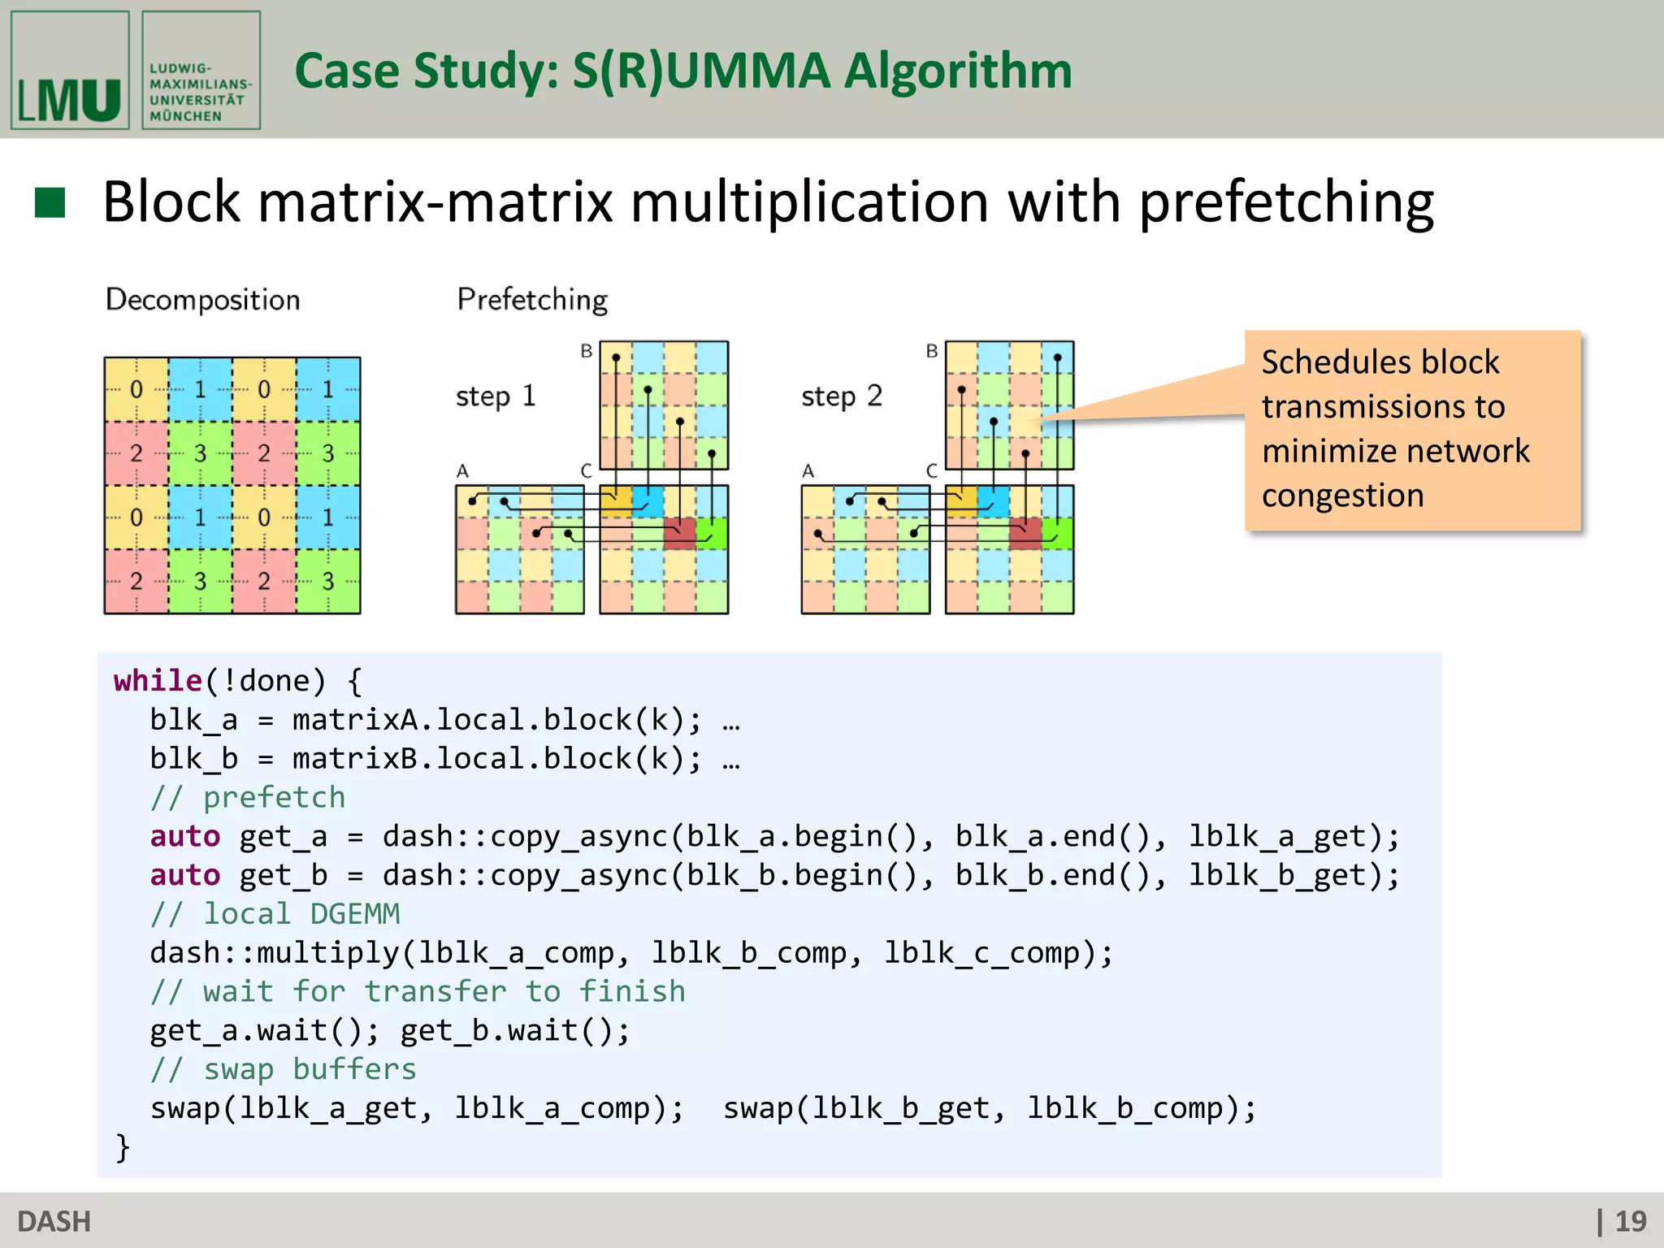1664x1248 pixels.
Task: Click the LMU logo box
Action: tap(70, 71)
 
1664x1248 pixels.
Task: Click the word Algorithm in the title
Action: tap(958, 71)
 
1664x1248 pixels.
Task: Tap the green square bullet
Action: tap(50, 203)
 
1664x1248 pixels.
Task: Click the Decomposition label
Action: tap(203, 300)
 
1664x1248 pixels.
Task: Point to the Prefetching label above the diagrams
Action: tap(532, 300)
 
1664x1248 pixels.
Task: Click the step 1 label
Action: tap(495, 396)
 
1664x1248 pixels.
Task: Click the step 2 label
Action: tap(841, 396)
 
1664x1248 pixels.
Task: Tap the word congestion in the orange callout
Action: tap(1342, 496)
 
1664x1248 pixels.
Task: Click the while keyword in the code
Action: tap(158, 680)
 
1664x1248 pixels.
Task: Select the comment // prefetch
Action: tap(248, 797)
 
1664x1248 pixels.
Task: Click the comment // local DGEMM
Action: tap(275, 914)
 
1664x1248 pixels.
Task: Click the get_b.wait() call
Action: tap(514, 1031)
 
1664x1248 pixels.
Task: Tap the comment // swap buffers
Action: tap(284, 1069)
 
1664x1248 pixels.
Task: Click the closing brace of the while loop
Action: tap(123, 1147)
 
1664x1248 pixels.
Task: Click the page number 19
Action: tap(1630, 1221)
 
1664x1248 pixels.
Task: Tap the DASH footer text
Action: tap(54, 1221)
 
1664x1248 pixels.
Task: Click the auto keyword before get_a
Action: tap(185, 836)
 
